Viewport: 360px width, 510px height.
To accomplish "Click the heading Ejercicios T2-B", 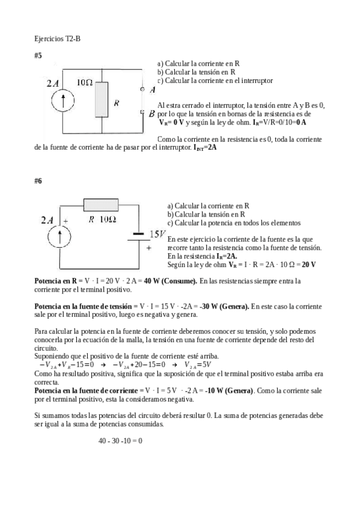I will tap(58, 38).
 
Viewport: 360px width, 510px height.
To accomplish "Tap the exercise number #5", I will tap(38, 55).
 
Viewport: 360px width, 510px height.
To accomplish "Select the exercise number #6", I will tap(38, 180).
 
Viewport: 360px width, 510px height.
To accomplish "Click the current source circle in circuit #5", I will tap(62, 100).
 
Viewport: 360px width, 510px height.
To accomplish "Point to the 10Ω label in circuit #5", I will tap(85, 83).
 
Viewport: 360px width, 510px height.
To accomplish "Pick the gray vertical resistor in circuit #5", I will tap(104, 100).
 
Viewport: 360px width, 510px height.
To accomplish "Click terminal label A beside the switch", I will tap(152, 90).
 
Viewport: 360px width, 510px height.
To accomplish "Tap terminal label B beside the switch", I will tap(152, 113).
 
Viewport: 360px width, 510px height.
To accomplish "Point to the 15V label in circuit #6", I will tap(157, 234).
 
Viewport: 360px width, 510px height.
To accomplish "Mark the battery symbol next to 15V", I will tap(138, 236).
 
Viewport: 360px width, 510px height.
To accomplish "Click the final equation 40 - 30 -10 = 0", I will tap(120, 441).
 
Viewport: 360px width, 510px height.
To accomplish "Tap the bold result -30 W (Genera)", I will tap(218, 307).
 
